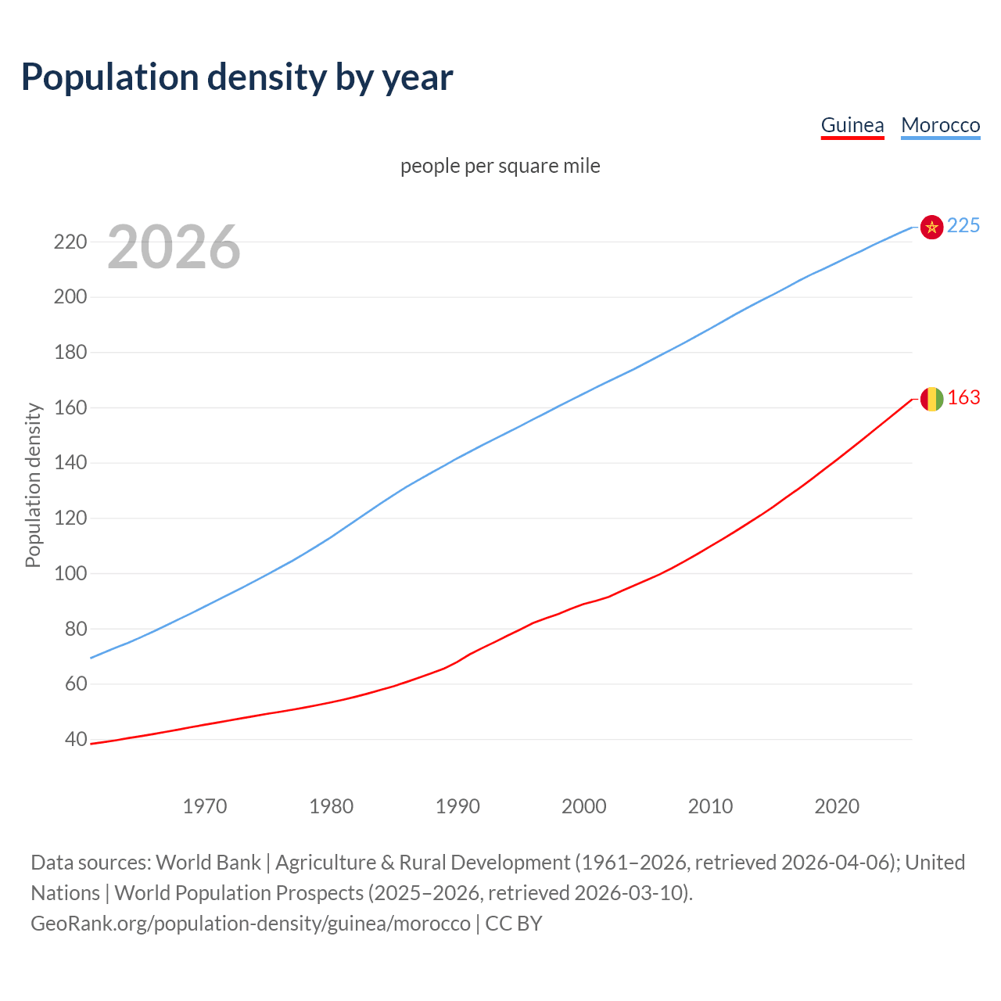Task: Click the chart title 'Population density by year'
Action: [237, 77]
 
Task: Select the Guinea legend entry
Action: [852, 125]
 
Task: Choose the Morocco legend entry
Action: [940, 125]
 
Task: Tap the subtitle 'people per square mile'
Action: [500, 167]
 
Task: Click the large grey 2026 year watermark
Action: [174, 247]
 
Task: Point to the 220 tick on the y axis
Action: [70, 242]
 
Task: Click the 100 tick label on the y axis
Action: [70, 573]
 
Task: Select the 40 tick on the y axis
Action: [75, 739]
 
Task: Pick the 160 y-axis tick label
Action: [70, 407]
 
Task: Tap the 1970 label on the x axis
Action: [205, 806]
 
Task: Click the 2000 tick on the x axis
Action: [584, 806]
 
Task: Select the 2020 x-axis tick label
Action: [837, 806]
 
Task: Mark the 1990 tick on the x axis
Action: [457, 806]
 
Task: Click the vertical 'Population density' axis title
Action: [33, 485]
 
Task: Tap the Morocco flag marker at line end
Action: [931, 227]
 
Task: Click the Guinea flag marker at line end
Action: [931, 399]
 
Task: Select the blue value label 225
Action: [963, 226]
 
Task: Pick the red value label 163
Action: [963, 398]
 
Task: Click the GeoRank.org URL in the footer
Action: [250, 924]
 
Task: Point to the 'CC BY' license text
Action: [514, 924]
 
